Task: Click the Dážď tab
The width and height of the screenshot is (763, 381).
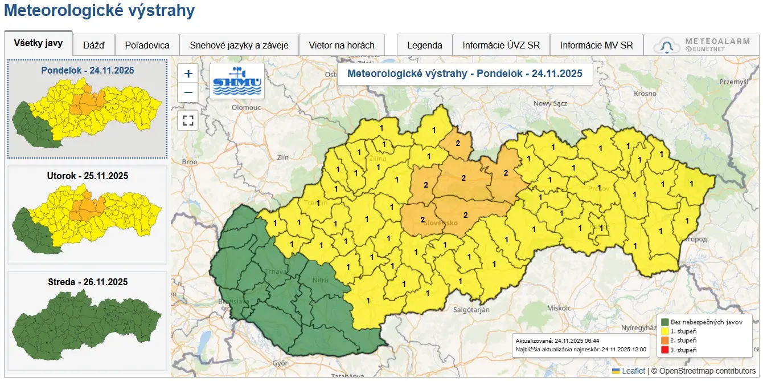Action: click(x=94, y=45)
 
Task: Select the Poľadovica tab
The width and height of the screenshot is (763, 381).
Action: click(x=147, y=45)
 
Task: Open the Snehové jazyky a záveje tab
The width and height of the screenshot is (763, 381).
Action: click(x=239, y=45)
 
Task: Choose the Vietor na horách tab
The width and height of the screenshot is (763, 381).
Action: click(x=342, y=45)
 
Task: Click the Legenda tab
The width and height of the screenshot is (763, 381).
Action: click(x=424, y=45)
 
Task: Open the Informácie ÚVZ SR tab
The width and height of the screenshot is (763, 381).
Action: click(x=501, y=45)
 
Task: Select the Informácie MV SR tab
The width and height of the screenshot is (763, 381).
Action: click(x=596, y=45)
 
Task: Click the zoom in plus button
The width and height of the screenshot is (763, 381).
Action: click(x=188, y=74)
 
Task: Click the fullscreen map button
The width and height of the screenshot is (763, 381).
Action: click(x=188, y=120)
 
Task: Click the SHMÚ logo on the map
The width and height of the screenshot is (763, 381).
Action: click(x=237, y=81)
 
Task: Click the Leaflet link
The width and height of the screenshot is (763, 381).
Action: click(x=633, y=371)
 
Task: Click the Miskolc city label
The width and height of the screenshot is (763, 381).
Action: click(x=559, y=307)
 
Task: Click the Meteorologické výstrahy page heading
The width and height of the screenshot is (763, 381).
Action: click(x=99, y=10)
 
